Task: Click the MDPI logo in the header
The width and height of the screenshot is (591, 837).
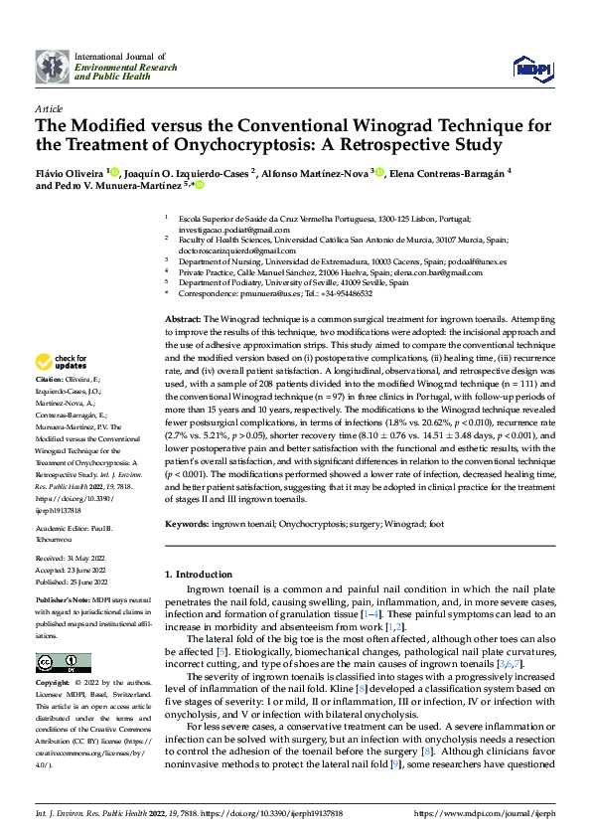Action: click(x=531, y=67)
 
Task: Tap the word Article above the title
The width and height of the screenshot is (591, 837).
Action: click(x=49, y=108)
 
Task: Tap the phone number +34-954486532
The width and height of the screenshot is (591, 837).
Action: click(x=343, y=293)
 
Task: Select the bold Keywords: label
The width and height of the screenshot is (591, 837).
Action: click(x=186, y=522)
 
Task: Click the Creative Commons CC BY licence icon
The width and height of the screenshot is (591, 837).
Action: click(x=58, y=662)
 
